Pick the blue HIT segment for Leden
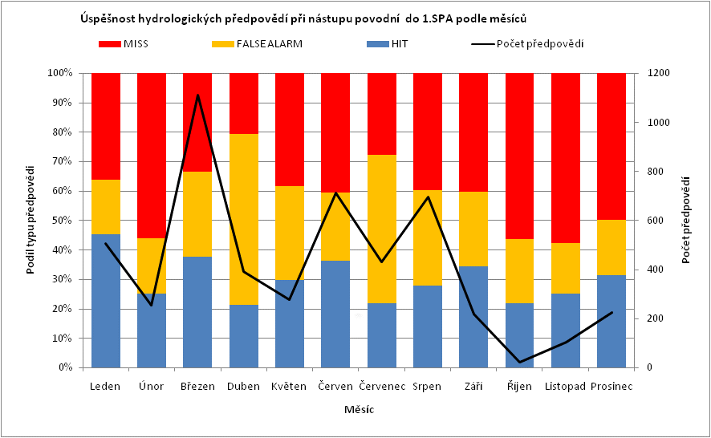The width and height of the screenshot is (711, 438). pos(105,301)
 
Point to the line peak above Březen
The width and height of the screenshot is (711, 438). pos(197,95)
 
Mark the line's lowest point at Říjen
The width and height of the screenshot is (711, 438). pos(520,362)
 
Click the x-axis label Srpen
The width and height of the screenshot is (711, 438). pos(427,386)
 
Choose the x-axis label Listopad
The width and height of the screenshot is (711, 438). pos(566,386)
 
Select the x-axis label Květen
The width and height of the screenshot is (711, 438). pos(289,386)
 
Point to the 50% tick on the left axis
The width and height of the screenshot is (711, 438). pos(62,221)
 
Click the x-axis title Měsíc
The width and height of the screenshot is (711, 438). pos(358,410)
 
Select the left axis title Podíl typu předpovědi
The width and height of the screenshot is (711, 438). pos(31,219)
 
